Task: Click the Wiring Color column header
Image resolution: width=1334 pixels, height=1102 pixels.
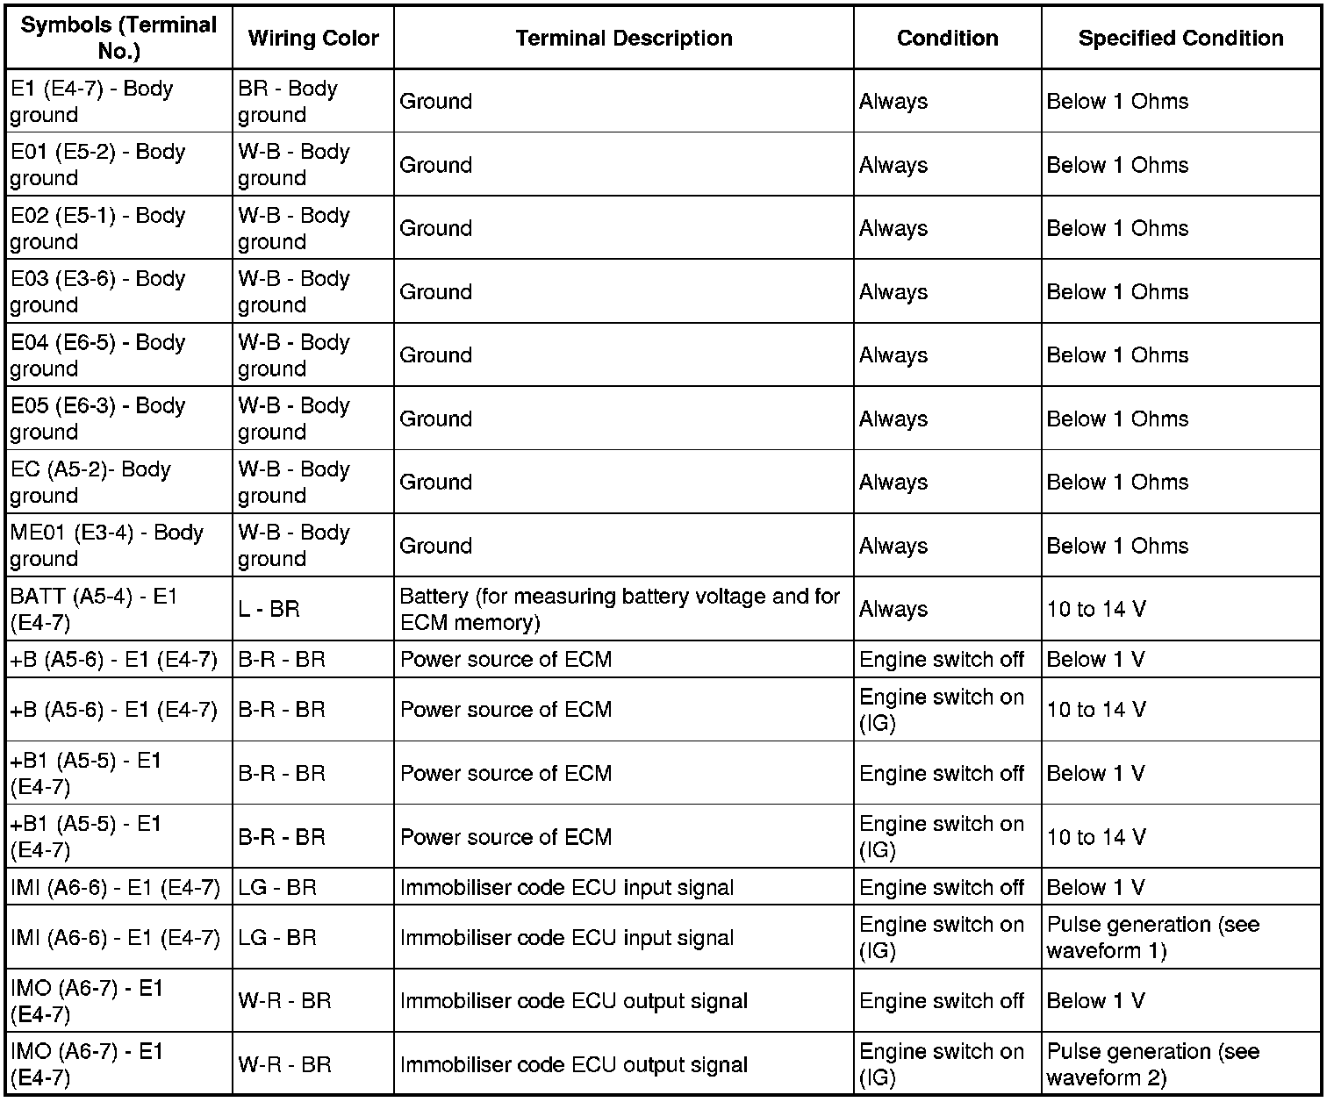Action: (312, 39)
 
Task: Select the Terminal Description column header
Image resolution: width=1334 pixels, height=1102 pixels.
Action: (623, 39)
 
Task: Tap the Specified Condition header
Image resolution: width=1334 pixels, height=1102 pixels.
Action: (1180, 39)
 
